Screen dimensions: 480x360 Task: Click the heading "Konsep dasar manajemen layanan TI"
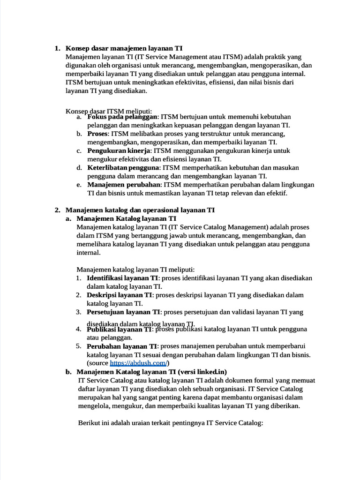[x=124, y=48]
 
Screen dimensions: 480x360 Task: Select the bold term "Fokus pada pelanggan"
[x=122, y=117]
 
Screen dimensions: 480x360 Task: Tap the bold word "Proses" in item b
[x=97, y=134]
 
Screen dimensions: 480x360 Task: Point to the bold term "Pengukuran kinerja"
[x=119, y=151]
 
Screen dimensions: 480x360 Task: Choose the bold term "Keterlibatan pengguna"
[x=123, y=167]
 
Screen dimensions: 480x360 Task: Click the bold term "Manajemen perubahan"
[x=124, y=185]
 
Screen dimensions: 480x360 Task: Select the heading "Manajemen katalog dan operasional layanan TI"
[x=140, y=210]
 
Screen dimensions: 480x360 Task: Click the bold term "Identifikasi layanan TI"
[x=123, y=278]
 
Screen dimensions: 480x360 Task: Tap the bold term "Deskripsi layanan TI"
[x=120, y=295]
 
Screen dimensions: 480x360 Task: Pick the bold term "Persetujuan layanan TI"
[x=124, y=312]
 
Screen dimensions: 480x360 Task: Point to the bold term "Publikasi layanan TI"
[x=120, y=330]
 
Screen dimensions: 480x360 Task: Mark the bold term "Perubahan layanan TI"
[x=122, y=346]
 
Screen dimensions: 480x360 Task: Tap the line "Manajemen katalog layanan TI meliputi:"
[x=135, y=270]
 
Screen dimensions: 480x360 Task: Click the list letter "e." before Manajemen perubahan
[x=79, y=185]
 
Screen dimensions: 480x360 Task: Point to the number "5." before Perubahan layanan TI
[x=79, y=346]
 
